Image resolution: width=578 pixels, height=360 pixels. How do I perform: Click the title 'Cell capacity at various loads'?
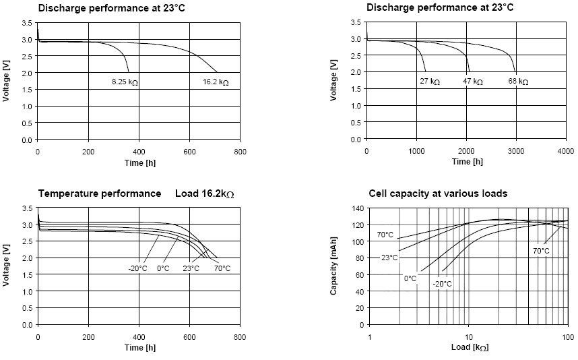pyautogui.click(x=438, y=193)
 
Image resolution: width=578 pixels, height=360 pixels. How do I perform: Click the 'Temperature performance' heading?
pyautogui.click(x=100, y=193)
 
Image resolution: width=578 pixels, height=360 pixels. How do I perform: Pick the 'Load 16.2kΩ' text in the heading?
pyautogui.click(x=204, y=193)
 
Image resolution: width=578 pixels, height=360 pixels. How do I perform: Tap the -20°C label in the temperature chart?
pyautogui.click(x=138, y=268)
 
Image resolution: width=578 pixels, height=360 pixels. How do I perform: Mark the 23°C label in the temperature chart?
pyautogui.click(x=191, y=268)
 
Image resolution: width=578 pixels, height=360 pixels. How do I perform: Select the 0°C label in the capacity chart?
pyautogui.click(x=410, y=278)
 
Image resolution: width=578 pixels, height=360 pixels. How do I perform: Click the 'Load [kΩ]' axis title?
pyautogui.click(x=470, y=348)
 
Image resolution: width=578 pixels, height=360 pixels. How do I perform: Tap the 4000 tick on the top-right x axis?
pyautogui.click(x=565, y=150)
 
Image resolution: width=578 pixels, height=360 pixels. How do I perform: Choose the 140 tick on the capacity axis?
pyautogui.click(x=358, y=208)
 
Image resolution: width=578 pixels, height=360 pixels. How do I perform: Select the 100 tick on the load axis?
pyautogui.click(x=566, y=336)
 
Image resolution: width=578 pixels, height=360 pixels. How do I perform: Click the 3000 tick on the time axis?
pyautogui.click(x=515, y=150)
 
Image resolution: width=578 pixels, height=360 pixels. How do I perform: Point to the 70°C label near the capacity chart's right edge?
pyautogui.click(x=541, y=251)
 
